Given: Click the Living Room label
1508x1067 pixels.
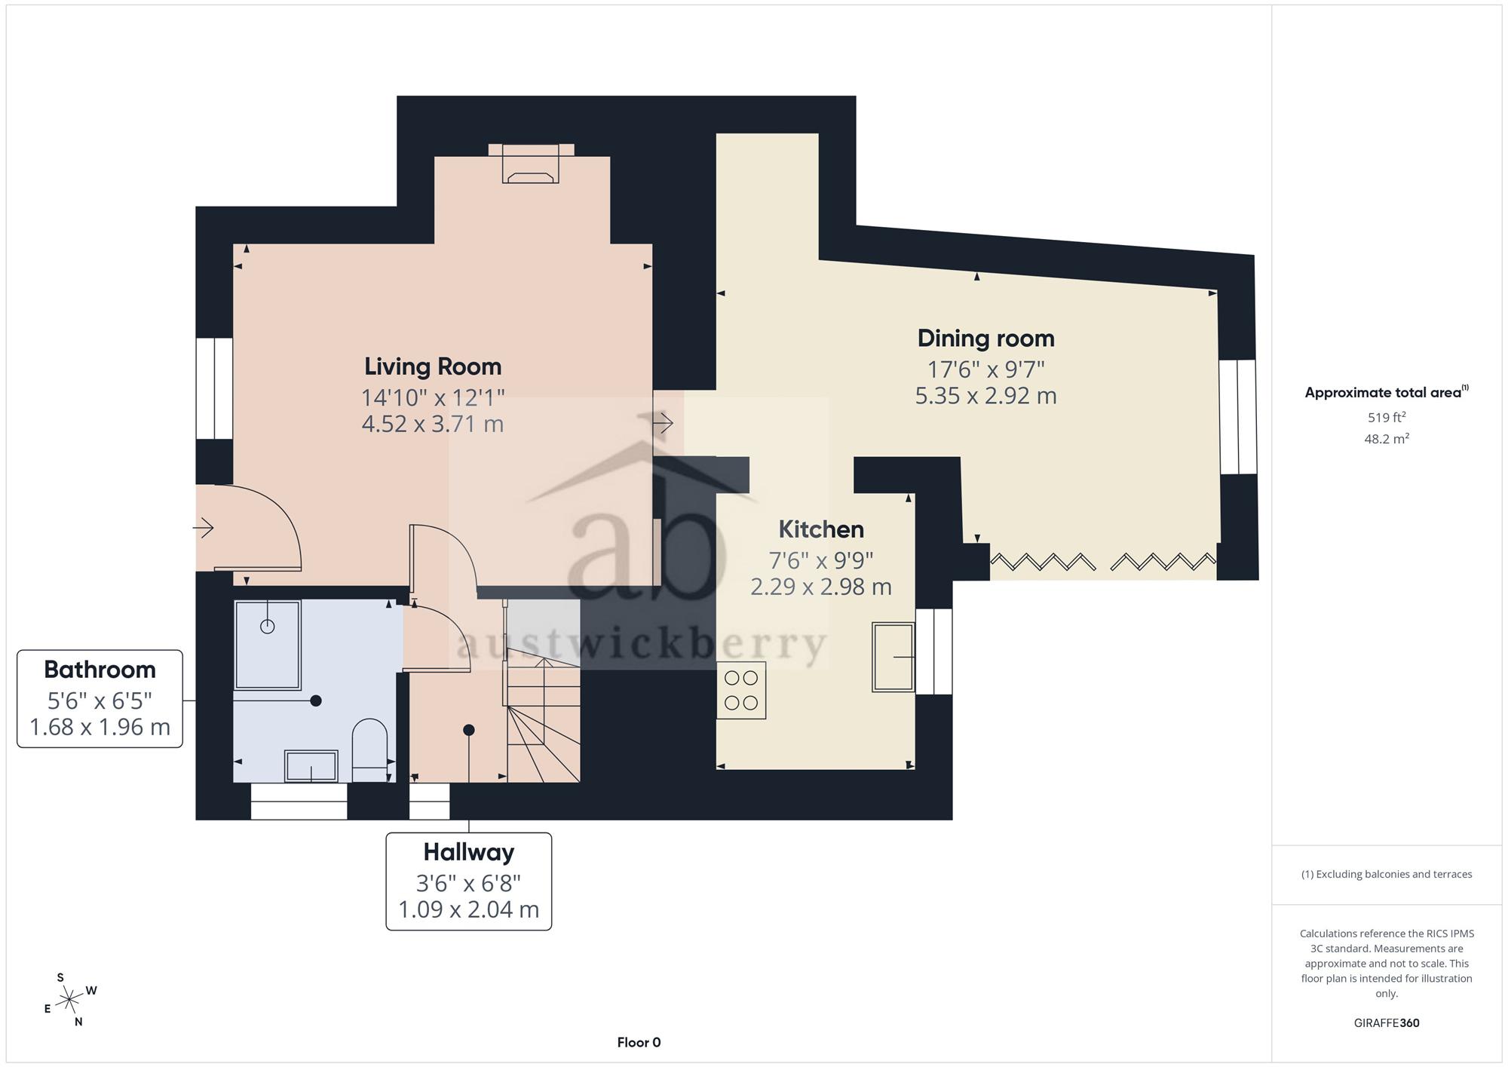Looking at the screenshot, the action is point(433,366).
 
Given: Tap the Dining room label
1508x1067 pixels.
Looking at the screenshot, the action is point(985,339).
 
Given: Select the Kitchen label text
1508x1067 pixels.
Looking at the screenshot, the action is point(821,529).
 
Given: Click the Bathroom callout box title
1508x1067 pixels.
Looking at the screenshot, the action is point(100,670).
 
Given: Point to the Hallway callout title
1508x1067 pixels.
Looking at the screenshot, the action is point(468,852).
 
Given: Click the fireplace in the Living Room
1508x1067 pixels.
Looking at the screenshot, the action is point(532,164).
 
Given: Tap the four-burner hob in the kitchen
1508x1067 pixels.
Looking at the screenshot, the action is point(741,690).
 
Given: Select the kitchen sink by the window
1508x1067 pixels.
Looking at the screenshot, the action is point(893,657).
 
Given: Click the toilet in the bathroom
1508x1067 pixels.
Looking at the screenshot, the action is point(369,750).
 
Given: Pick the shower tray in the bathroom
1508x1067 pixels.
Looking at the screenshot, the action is point(268,645).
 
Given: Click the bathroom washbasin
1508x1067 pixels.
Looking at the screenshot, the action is point(311,766).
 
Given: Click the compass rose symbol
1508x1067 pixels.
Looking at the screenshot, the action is point(69,1000).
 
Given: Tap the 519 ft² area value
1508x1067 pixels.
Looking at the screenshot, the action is point(1387,417).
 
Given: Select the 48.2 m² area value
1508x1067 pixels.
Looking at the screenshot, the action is point(1387,438).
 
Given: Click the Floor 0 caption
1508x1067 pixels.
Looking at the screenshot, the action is point(639,1042).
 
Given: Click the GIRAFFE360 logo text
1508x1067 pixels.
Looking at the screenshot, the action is point(1387,1023).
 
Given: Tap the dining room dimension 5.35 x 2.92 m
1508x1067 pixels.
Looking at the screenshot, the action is point(985,396).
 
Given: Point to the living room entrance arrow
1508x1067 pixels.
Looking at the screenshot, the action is point(204,528).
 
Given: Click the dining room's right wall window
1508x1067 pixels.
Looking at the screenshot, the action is point(1238,417).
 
